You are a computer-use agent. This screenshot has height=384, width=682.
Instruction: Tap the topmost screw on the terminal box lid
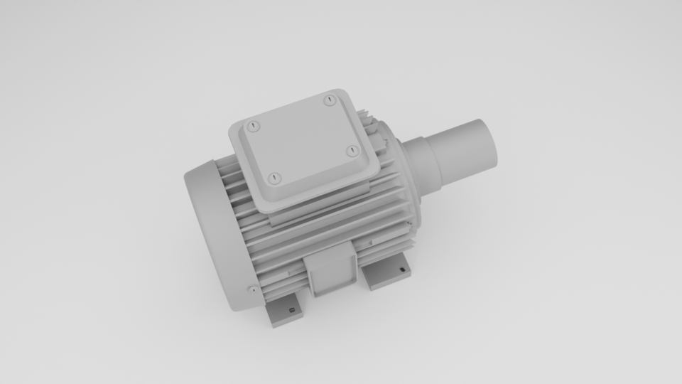(329, 100)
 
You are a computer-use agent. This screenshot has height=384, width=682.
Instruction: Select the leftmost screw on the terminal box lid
(254, 127)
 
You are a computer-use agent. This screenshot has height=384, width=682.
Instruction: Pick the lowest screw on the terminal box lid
(276, 178)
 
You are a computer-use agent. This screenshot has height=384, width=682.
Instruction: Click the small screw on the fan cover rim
(253, 289)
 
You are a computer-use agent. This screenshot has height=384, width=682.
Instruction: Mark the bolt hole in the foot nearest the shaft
(402, 270)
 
